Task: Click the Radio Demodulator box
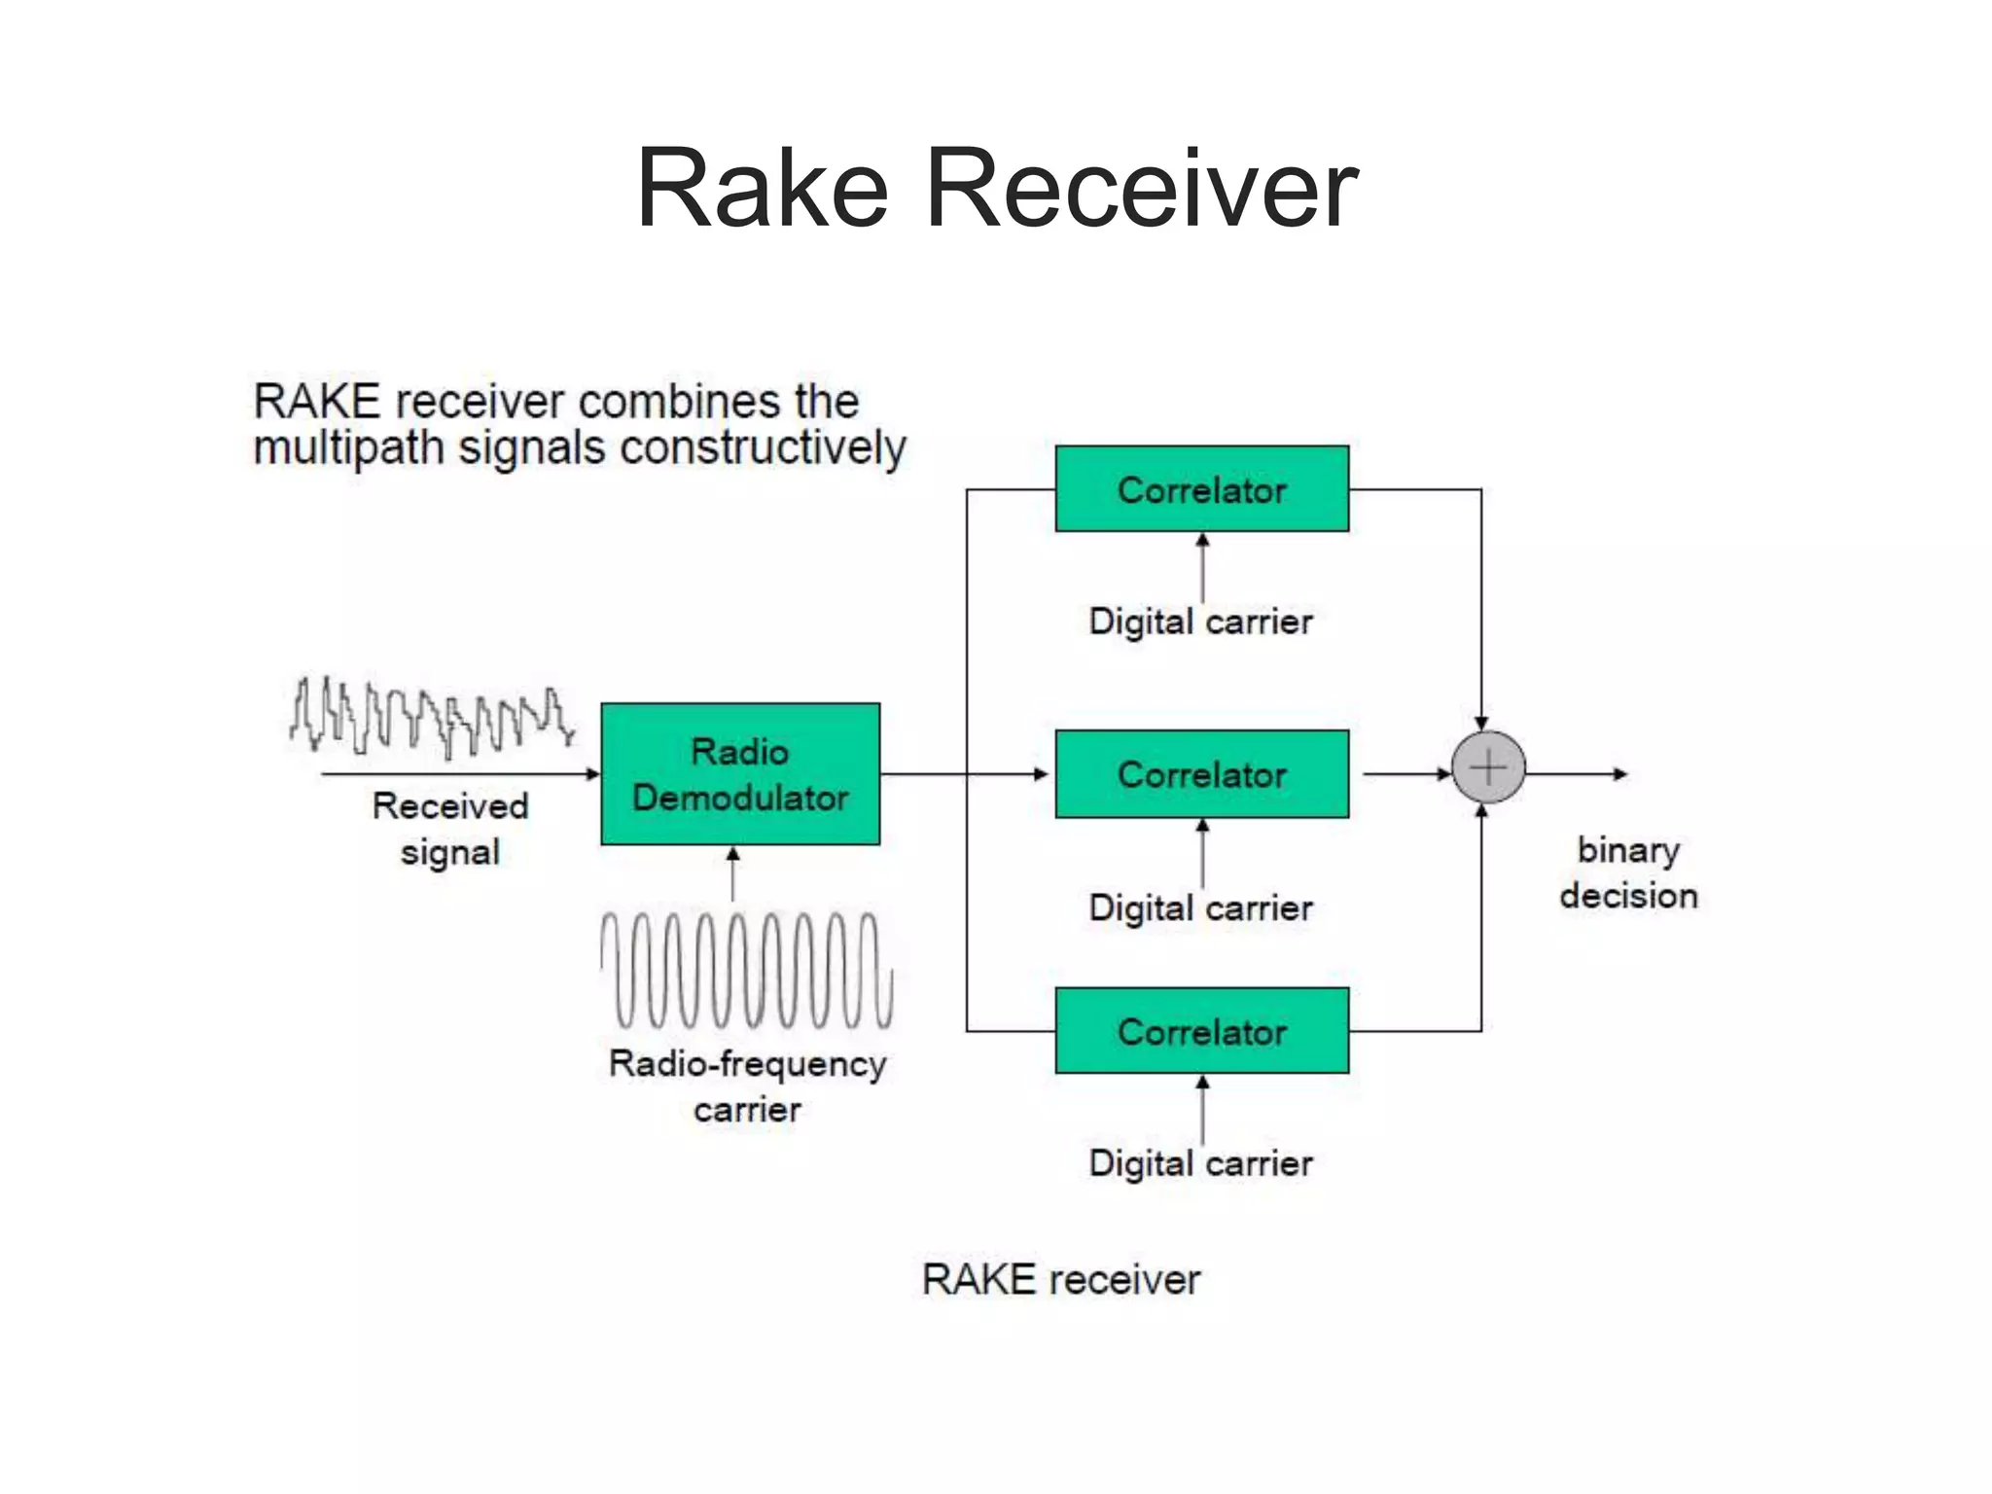click(740, 774)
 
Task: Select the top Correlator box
click(1202, 489)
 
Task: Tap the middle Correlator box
click(1202, 774)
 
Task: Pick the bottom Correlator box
click(1202, 1031)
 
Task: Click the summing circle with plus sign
click(1488, 767)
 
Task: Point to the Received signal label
click(450, 829)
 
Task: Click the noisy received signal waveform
click(431, 718)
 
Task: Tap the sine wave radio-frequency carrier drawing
click(746, 971)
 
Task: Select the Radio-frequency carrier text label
click(747, 1085)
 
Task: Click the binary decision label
click(1629, 872)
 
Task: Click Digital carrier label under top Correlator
click(1201, 622)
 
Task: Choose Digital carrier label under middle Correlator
click(1201, 907)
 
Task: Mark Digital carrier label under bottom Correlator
click(1201, 1163)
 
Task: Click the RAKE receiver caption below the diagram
click(1061, 1279)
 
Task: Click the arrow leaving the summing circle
click(1576, 774)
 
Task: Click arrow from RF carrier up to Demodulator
click(733, 872)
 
